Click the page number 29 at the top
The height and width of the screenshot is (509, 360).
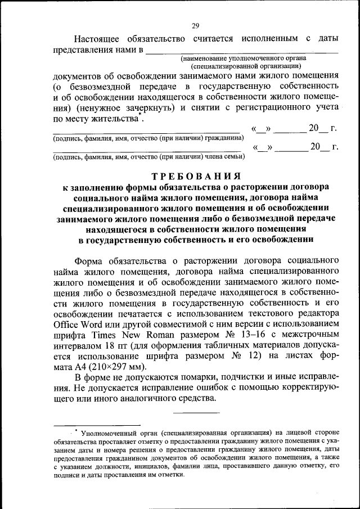(x=195, y=25)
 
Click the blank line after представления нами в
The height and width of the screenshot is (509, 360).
(x=242, y=51)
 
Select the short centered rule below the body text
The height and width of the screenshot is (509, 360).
(x=196, y=413)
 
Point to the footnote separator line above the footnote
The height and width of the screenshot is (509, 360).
(x=97, y=425)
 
